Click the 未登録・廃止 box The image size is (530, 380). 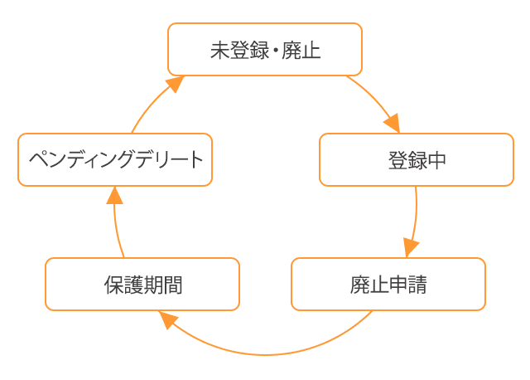[x=265, y=50]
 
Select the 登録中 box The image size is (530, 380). [x=416, y=160]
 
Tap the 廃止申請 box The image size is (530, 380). [x=388, y=285]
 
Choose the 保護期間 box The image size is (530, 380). [x=142, y=285]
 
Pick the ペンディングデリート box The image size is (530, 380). [x=115, y=160]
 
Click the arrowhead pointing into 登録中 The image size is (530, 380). [x=392, y=124]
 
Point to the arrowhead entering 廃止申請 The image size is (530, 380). [x=411, y=248]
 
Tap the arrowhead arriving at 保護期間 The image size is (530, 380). [x=168, y=319]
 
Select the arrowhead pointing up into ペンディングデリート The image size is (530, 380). [x=115, y=196]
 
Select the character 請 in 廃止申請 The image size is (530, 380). [x=417, y=285]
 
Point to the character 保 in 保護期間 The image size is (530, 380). [x=113, y=285]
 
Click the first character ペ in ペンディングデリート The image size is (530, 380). [x=36, y=160]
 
